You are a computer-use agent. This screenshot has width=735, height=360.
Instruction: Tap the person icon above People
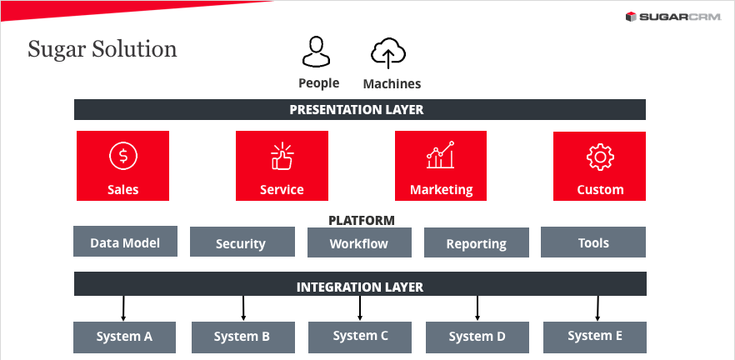[317, 52]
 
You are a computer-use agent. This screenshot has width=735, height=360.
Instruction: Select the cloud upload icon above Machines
[388, 52]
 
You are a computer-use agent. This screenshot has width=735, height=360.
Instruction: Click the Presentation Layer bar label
[357, 110]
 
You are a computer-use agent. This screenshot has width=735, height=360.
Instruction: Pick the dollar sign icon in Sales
[122, 155]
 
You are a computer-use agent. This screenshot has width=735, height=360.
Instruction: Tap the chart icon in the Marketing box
[441, 155]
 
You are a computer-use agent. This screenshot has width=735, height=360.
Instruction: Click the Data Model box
[125, 242]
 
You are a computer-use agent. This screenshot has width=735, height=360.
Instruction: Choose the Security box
[241, 243]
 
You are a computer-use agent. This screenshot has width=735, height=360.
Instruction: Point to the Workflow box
[359, 243]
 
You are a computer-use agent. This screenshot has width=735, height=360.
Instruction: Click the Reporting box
[476, 243]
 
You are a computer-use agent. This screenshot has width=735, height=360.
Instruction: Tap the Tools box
[593, 242]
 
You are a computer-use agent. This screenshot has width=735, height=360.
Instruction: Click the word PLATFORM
[361, 221]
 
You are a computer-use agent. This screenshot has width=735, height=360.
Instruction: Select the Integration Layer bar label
[360, 287]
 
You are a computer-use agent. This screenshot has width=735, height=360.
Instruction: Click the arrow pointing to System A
[123, 308]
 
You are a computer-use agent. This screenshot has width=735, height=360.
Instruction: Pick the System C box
[361, 336]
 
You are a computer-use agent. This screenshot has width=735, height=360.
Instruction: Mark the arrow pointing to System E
[597, 308]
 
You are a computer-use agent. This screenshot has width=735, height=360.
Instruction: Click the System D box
[477, 337]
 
